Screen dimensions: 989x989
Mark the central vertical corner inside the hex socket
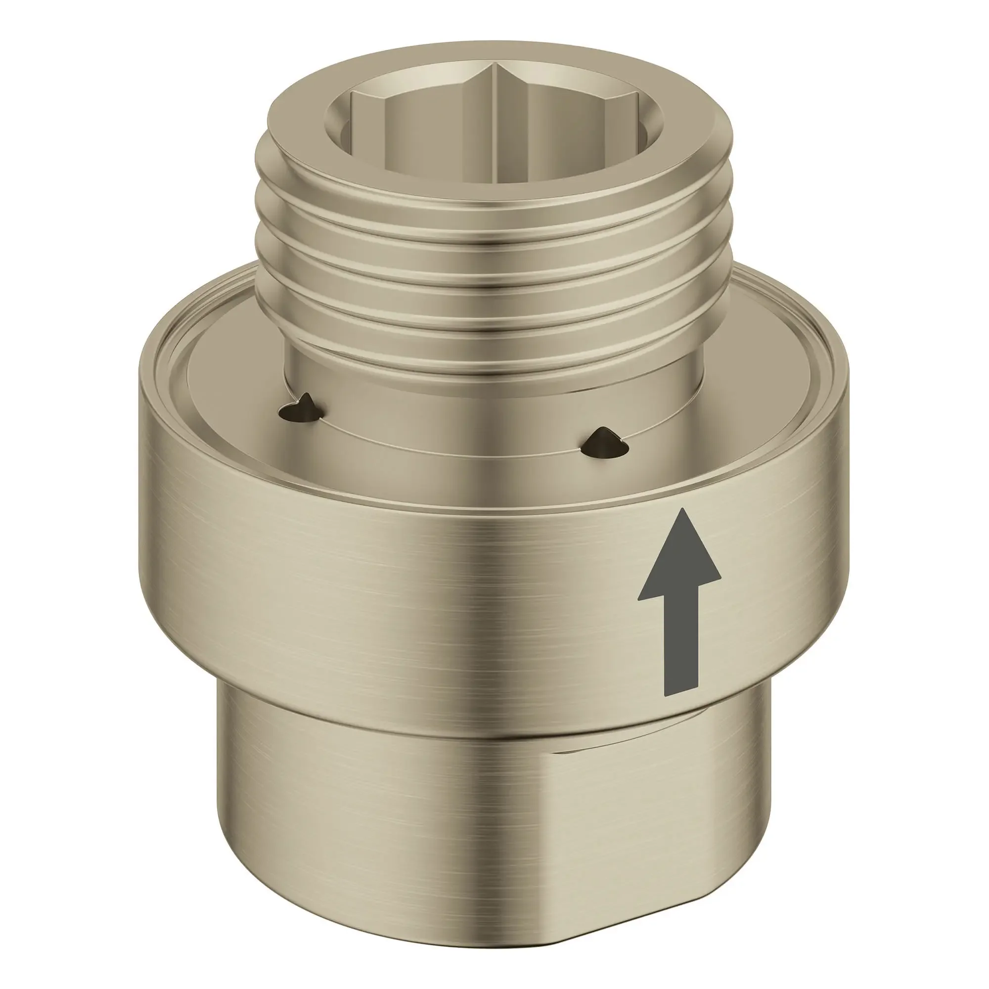[494, 113]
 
